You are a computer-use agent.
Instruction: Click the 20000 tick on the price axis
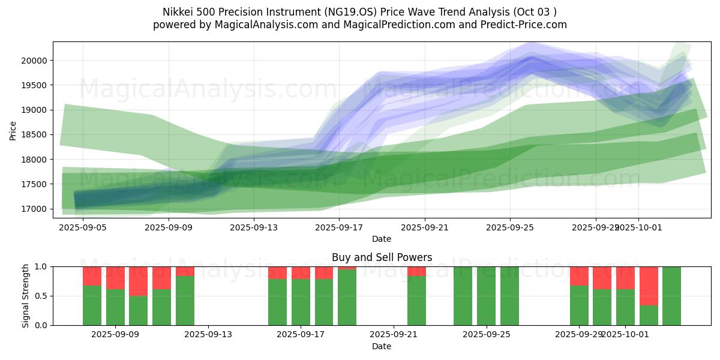(x=36, y=61)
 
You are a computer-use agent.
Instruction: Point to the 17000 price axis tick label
(x=36, y=209)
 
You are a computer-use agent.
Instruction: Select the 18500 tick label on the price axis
(x=36, y=135)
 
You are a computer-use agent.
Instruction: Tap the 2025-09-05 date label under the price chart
(x=83, y=227)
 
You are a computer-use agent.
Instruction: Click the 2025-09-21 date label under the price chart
(x=424, y=227)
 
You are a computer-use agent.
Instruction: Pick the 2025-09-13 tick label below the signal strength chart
(x=208, y=335)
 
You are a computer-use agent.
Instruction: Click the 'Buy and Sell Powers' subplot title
(x=382, y=257)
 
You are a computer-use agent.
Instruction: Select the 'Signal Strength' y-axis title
(x=25, y=296)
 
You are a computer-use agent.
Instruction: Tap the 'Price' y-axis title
(x=13, y=130)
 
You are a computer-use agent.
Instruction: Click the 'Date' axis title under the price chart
(x=382, y=239)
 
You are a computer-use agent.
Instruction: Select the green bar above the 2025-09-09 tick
(x=115, y=307)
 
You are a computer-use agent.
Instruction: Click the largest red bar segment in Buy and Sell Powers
(x=649, y=286)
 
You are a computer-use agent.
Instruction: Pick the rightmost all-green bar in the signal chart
(x=671, y=296)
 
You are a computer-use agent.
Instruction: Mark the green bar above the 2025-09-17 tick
(x=301, y=302)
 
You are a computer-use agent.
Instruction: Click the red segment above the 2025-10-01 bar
(x=625, y=278)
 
